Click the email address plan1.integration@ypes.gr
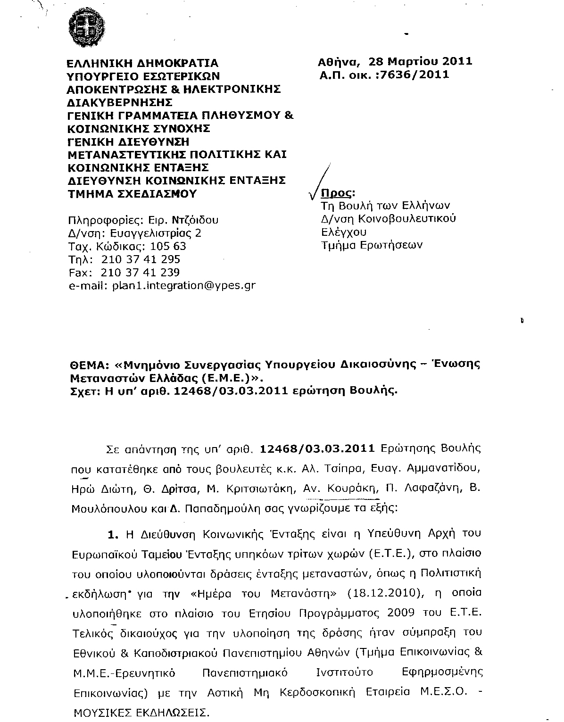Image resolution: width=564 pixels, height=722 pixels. tap(183, 285)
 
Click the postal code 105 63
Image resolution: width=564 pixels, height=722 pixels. tap(168, 246)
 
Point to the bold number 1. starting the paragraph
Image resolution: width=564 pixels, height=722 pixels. tap(112, 535)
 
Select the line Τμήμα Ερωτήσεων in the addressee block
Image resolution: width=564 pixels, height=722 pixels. tap(372, 245)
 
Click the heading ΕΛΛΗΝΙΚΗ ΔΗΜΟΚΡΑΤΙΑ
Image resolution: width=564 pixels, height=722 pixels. tap(142, 63)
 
